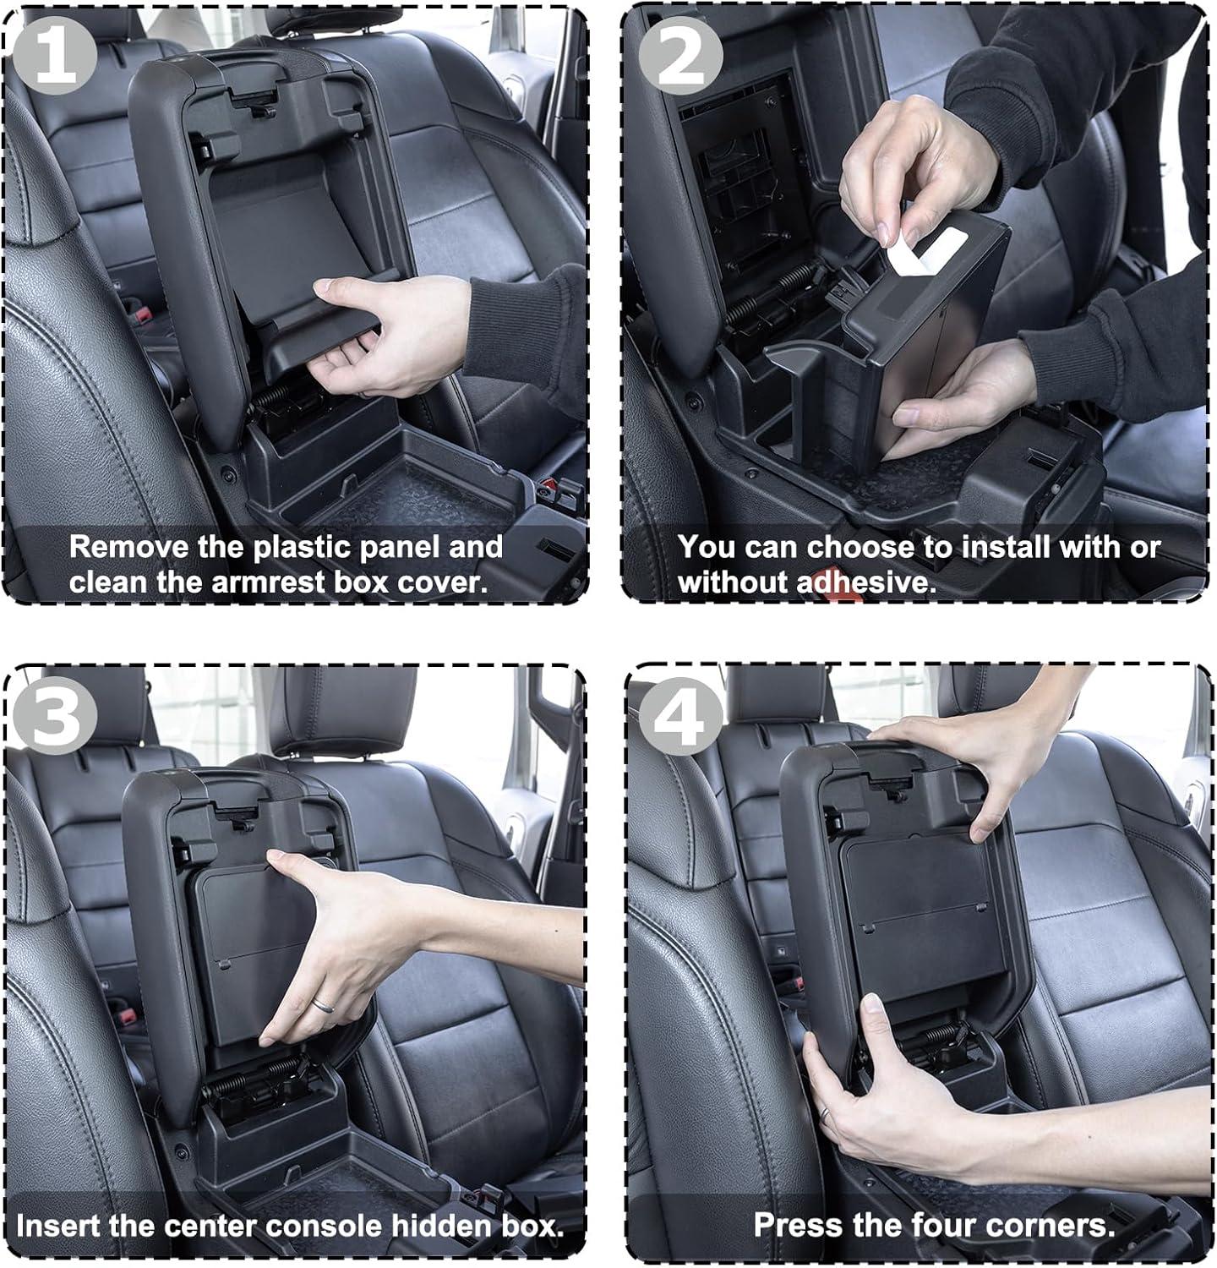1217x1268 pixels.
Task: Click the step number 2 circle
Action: [680, 56]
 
